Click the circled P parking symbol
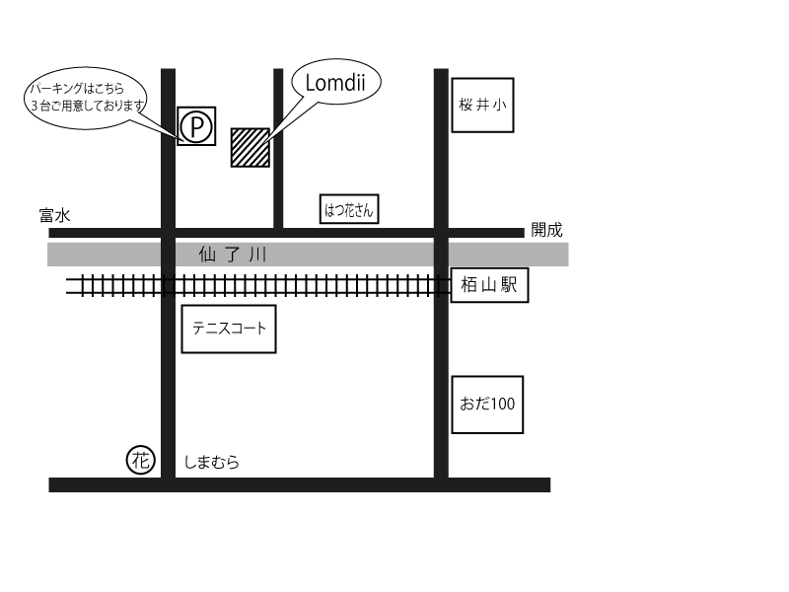click(x=196, y=125)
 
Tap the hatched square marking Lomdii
click(x=250, y=147)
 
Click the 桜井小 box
click(x=482, y=105)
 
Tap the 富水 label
click(x=55, y=215)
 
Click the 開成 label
click(x=546, y=230)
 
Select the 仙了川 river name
click(x=233, y=255)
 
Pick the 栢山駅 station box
click(x=489, y=286)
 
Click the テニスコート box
click(x=229, y=329)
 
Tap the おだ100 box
click(x=487, y=404)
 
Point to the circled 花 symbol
click(x=141, y=459)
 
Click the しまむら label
click(x=212, y=462)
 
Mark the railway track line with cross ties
click(x=296, y=286)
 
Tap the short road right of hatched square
click(x=278, y=178)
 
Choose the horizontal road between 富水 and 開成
click(x=296, y=233)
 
